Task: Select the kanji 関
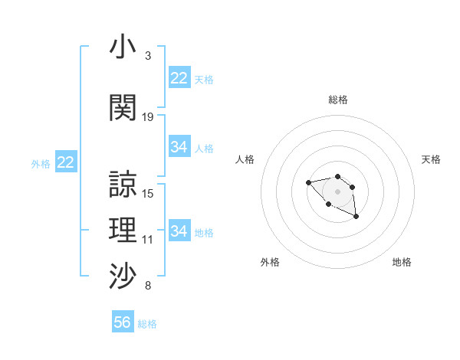[123, 107]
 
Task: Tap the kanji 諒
[123, 185]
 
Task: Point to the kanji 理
[123, 231]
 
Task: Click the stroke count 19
[148, 116]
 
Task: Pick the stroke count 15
[148, 194]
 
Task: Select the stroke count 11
[148, 240]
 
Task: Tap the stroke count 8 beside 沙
[148, 286]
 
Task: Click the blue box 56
[123, 322]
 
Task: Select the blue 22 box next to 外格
[66, 162]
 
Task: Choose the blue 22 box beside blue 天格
[179, 78]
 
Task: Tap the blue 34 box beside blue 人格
[179, 147]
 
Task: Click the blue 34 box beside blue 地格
[179, 231]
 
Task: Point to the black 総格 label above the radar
[337, 100]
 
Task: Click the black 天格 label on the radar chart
[431, 159]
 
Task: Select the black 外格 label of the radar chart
[270, 262]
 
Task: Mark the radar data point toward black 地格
[356, 217]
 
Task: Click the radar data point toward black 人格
[308, 182]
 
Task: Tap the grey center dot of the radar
[337, 191]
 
